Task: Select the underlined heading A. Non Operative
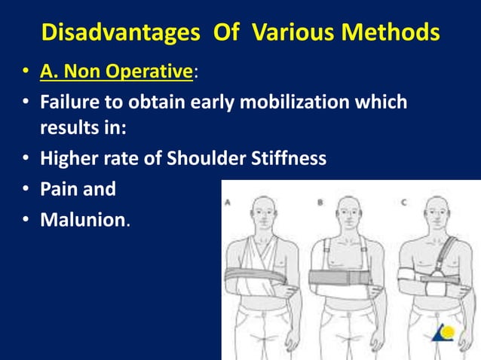click(117, 72)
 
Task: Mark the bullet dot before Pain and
click(26, 189)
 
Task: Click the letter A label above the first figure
click(228, 202)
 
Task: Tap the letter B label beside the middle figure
click(320, 202)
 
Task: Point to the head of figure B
click(348, 215)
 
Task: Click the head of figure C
click(436, 215)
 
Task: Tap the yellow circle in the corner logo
click(447, 331)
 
